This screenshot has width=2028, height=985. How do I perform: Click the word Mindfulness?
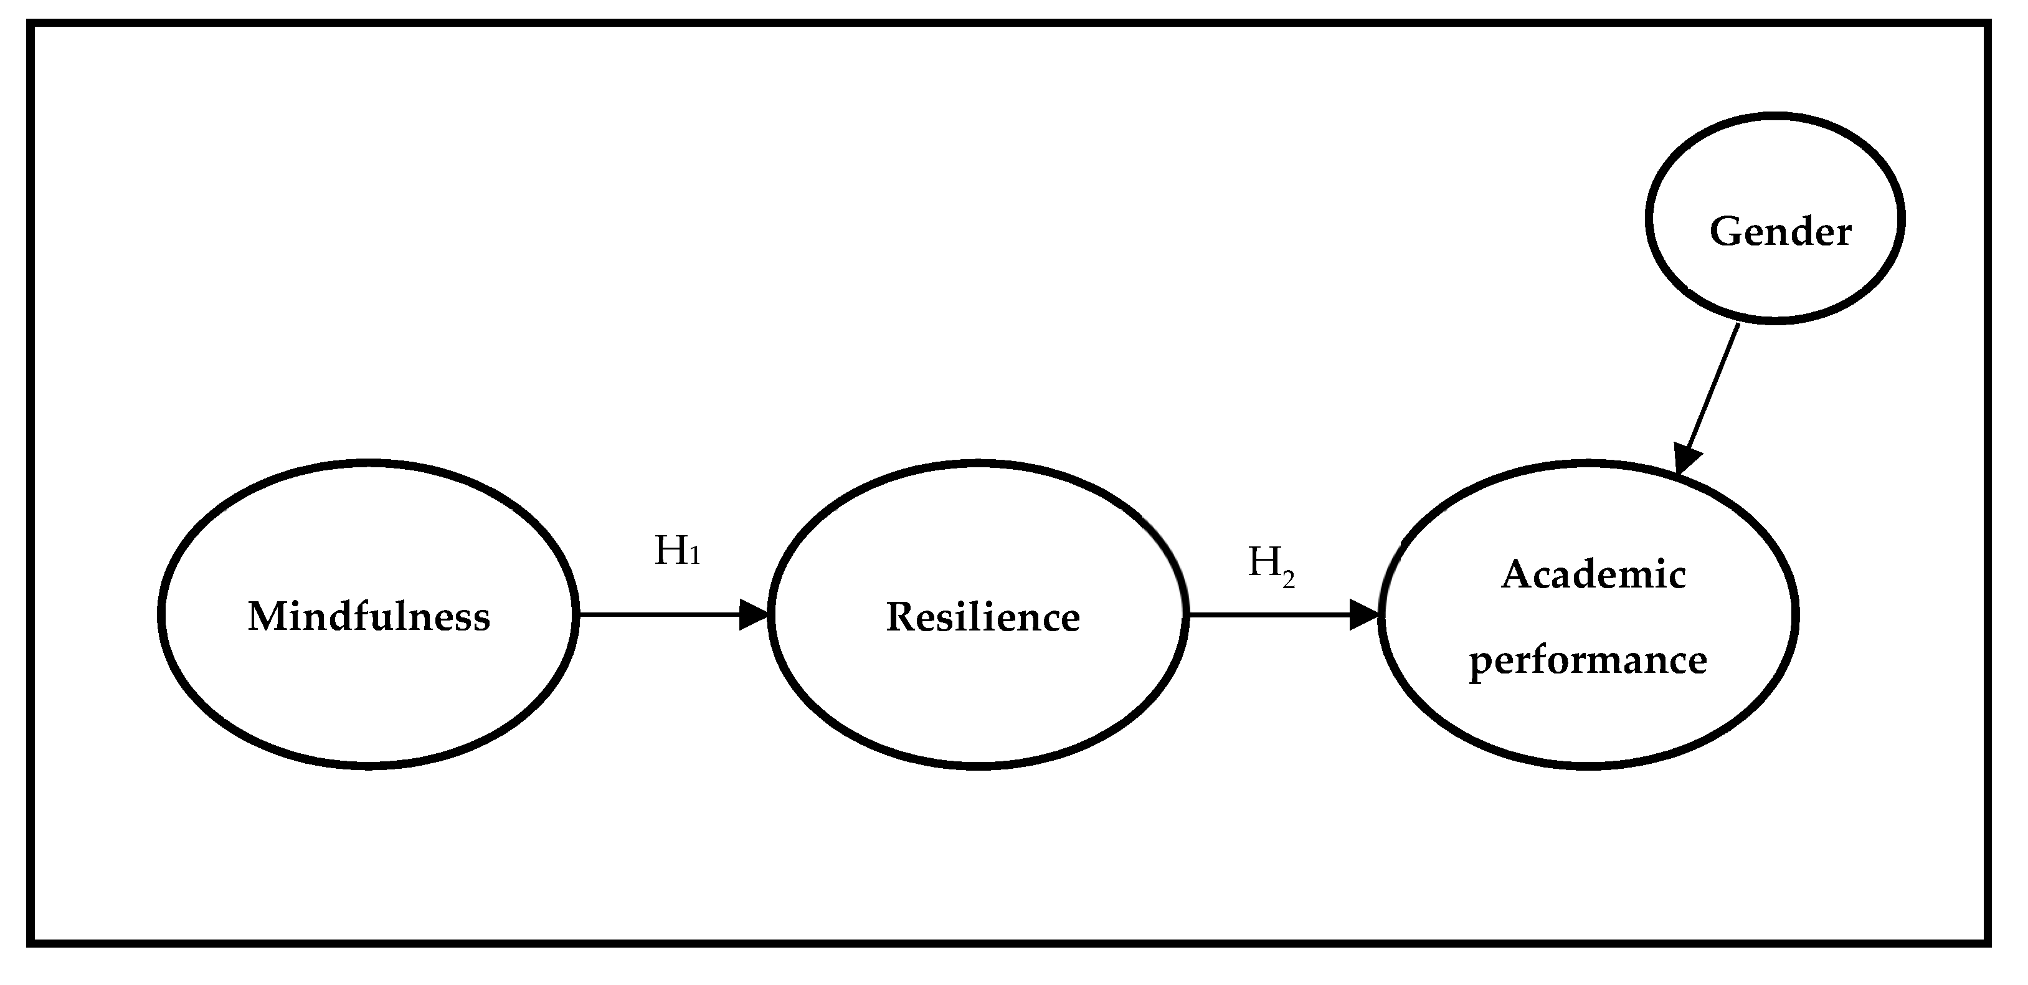coord(369,617)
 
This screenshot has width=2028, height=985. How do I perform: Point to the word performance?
coord(1588,660)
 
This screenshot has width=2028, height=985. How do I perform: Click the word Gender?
coord(1780,232)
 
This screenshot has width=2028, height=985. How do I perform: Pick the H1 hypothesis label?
coord(677,551)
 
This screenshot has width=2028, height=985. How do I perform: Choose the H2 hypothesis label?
coord(1271,565)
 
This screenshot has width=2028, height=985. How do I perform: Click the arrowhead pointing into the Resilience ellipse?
coord(754,615)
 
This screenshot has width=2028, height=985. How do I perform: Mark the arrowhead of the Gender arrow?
coord(1686,460)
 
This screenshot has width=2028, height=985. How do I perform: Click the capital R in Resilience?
coord(900,617)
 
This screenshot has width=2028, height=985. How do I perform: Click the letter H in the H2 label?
coord(1263,562)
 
